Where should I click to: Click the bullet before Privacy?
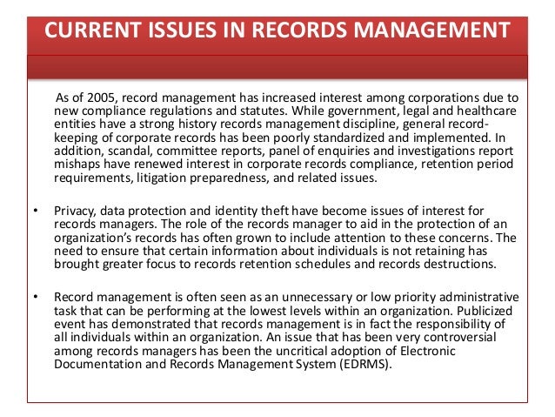[35, 212]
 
